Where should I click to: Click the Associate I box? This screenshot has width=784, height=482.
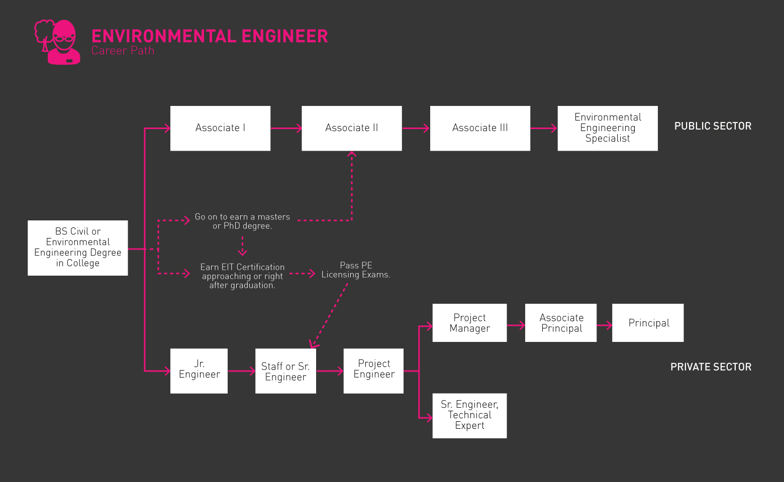pos(220,128)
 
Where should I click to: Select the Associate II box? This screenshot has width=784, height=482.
pos(351,128)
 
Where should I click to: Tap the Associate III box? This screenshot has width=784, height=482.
pos(480,128)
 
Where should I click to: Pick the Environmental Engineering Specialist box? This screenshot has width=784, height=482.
pos(607,128)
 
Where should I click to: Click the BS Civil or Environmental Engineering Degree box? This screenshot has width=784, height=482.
pos(77,248)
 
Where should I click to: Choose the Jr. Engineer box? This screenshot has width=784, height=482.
pos(199,371)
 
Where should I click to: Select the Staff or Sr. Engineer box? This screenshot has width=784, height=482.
pos(285,371)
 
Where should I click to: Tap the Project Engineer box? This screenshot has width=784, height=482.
pos(373,371)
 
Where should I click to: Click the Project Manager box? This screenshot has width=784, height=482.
pos(469,323)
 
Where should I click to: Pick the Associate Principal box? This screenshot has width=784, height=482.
pos(561,323)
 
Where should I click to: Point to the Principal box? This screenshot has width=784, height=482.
pos(648,323)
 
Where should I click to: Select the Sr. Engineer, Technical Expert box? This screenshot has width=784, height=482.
pos(469,415)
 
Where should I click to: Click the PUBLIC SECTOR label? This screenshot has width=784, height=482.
pos(713,126)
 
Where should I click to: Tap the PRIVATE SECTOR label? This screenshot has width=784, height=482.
pos(711,367)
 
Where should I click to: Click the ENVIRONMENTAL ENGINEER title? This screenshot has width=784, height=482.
pos(210,36)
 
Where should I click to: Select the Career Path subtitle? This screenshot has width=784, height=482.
pos(123,51)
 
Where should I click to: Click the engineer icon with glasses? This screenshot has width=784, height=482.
pos(58,42)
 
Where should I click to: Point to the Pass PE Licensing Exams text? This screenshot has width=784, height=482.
pos(356,270)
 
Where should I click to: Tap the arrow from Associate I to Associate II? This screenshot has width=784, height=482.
pos(286,128)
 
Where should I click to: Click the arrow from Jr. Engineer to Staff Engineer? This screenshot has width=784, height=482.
pos(241,371)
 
